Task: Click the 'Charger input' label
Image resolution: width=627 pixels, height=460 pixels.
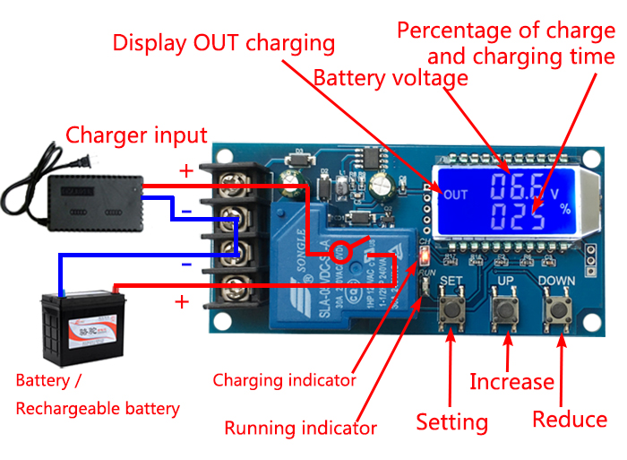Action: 136,135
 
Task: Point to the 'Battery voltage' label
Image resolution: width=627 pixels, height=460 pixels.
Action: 391,78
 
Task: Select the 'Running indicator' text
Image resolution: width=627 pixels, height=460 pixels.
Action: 300,428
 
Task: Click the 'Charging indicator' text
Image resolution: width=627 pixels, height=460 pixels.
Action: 284,380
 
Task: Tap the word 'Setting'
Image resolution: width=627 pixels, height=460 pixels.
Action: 452,421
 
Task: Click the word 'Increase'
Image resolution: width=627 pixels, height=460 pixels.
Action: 512,382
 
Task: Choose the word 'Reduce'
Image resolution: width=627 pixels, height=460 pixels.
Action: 570,419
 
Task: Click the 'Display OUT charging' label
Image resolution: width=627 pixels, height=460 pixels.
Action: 224,43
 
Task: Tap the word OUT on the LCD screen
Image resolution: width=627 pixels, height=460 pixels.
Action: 456,195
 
